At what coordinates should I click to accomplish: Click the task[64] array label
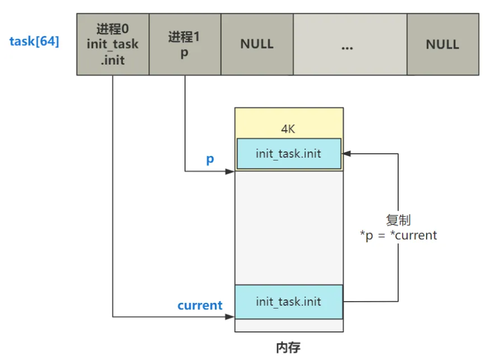tap(34, 42)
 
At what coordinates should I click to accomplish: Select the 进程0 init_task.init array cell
tap(113, 45)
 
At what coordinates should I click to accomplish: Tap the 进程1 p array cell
tap(185, 45)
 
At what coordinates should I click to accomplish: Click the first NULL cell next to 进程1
tap(256, 45)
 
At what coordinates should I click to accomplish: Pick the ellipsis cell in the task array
tap(350, 45)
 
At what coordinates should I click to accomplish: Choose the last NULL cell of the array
tap(442, 45)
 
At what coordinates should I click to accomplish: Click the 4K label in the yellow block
tap(288, 129)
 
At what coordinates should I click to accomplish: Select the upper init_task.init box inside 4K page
tap(288, 153)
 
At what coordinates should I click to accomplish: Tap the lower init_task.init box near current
tap(288, 302)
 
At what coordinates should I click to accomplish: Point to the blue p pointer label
tap(210, 159)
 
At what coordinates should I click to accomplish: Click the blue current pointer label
tap(199, 305)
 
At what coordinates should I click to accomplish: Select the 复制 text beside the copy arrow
tap(398, 221)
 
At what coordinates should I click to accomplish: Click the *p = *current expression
tap(398, 235)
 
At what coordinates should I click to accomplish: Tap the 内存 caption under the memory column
tap(288, 347)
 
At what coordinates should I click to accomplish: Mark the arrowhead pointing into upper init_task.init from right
tap(346, 153)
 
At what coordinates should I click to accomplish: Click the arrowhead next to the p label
tap(231, 171)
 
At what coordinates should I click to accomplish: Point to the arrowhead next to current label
tap(231, 317)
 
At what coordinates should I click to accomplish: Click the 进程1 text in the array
tap(185, 37)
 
